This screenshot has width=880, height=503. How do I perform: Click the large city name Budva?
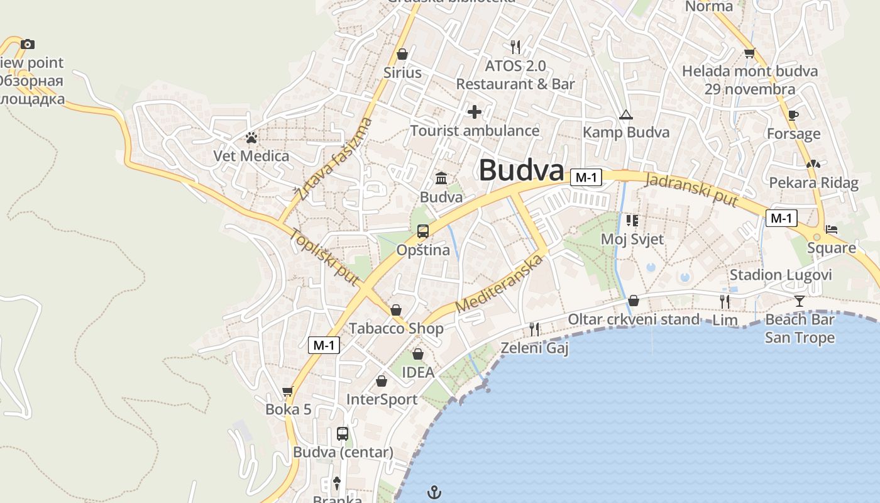coord(521,170)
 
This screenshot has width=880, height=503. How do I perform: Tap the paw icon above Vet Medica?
coord(251,136)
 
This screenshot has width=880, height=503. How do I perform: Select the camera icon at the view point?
coord(27,44)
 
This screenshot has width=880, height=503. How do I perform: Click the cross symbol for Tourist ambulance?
coord(475,112)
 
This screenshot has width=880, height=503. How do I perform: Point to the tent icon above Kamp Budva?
coord(625,114)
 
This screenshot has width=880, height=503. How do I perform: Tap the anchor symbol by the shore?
coord(434,492)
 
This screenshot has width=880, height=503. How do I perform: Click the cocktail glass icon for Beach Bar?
coord(799,301)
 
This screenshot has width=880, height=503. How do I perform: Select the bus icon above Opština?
coord(423,231)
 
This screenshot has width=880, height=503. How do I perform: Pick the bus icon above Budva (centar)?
coord(343,433)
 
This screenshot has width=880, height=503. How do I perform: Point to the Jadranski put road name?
coord(691,188)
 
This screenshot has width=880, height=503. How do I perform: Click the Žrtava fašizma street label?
coord(335,158)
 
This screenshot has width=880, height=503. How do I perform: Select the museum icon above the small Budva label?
coord(441,178)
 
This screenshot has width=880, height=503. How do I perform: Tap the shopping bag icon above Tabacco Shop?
coord(396,310)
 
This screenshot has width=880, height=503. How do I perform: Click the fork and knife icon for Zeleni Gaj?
coord(534,329)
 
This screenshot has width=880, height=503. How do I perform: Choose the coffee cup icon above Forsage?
coord(793,115)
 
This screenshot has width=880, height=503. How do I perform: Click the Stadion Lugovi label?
coord(780,275)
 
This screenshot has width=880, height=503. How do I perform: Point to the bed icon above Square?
coord(832,229)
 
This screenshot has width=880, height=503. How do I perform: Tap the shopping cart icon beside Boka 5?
coord(288,391)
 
